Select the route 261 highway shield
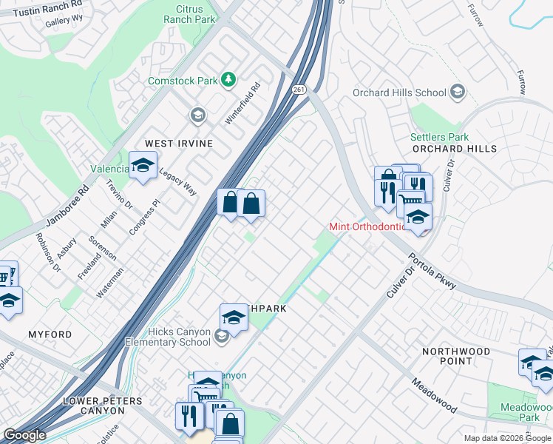[298, 89]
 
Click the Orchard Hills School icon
[458, 92]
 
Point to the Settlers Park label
[439, 137]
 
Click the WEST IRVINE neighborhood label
[178, 143]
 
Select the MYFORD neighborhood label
[50, 334]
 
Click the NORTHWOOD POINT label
[455, 356]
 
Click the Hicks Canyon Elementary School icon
[222, 337]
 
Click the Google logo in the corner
[24, 435]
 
